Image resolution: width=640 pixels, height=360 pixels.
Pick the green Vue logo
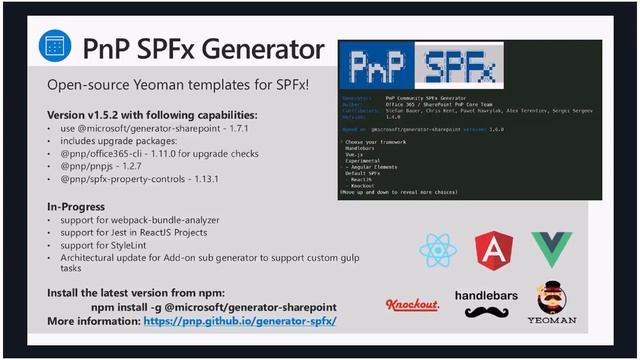pyautogui.click(x=551, y=249)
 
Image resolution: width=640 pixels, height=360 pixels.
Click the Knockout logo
pyautogui.click(x=412, y=304)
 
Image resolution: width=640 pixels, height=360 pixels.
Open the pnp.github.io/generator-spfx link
pyautogui.click(x=240, y=322)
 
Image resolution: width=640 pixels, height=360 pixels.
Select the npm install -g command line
pyautogui.click(x=214, y=307)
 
